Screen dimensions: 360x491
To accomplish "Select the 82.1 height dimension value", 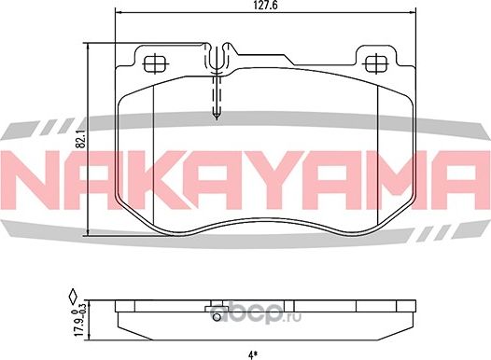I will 79,140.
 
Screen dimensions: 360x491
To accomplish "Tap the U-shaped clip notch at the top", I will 217,56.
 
